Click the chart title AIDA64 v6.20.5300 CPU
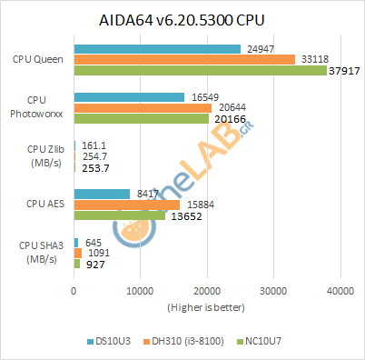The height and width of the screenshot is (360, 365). [x=182, y=20]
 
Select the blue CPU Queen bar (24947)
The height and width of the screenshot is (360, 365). [x=156, y=48]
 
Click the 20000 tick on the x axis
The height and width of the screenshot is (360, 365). [x=207, y=291]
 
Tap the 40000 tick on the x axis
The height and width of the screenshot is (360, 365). [x=340, y=291]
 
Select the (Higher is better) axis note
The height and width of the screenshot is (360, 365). [x=206, y=307]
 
